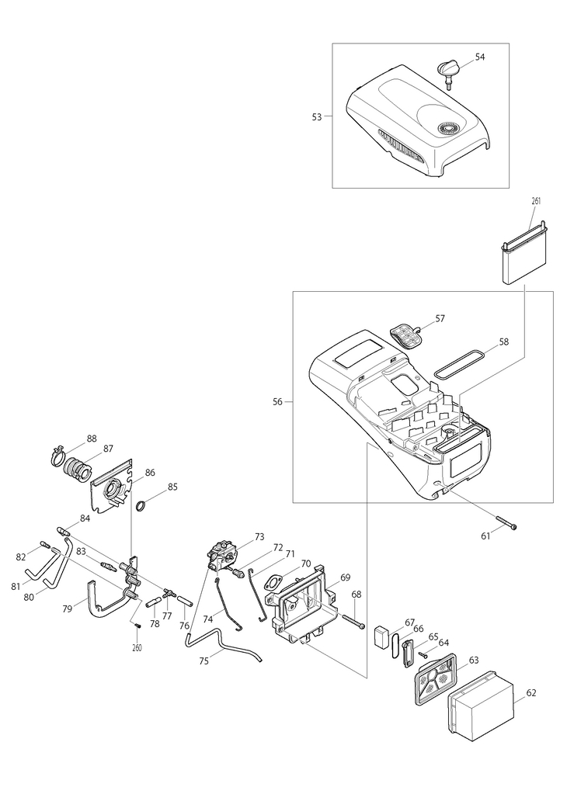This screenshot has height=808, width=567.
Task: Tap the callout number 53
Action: (317, 117)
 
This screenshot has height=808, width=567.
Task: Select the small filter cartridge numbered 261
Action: (524, 253)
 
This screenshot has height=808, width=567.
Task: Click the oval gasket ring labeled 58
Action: (459, 364)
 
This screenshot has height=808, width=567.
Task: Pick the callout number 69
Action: (345, 577)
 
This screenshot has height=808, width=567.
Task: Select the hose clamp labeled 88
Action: (60, 456)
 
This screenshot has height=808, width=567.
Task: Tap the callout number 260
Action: (137, 648)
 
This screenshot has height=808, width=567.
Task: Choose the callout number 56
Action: (278, 402)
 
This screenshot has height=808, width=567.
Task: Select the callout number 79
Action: (68, 609)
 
